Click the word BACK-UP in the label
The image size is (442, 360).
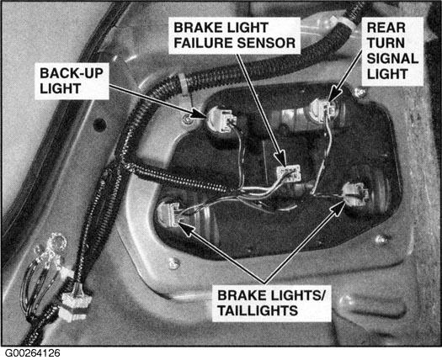[x=72, y=73]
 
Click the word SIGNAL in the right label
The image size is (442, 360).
[x=392, y=59]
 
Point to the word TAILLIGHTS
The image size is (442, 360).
[x=258, y=310]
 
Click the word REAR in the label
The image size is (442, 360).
[x=386, y=28]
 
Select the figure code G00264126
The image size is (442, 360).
[x=33, y=353]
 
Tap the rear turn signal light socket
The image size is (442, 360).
[x=324, y=109]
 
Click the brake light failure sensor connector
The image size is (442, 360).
[x=289, y=173]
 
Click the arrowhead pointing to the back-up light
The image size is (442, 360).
[x=200, y=114]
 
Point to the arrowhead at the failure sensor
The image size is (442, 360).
[x=281, y=160]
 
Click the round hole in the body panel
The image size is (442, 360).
[x=99, y=124]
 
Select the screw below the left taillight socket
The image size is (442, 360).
[x=174, y=263]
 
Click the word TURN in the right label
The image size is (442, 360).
[x=386, y=43]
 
